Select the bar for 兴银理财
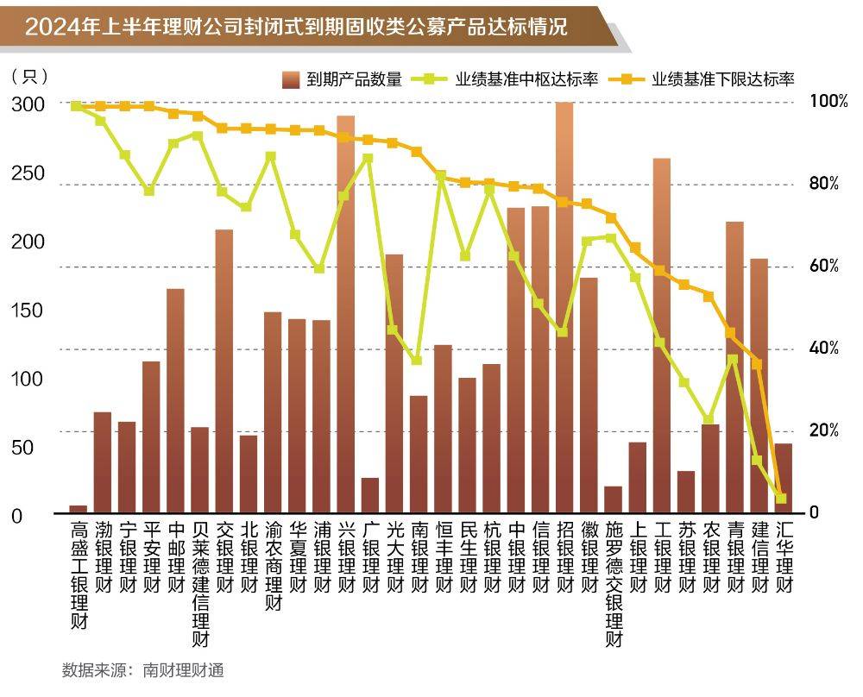(x=345, y=314)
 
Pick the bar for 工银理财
(x=662, y=336)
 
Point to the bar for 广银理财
(x=369, y=495)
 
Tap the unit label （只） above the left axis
(x=29, y=76)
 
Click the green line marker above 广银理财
(x=369, y=159)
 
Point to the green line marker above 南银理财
(x=417, y=360)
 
